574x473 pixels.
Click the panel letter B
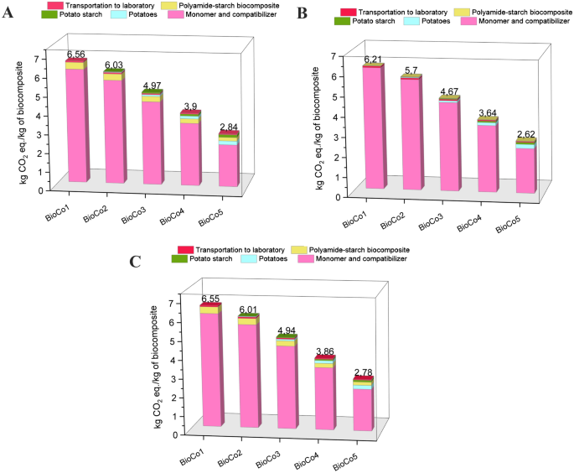(303, 14)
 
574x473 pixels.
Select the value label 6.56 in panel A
(78, 54)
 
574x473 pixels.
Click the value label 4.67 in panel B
(452, 91)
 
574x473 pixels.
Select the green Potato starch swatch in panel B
(349, 22)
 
